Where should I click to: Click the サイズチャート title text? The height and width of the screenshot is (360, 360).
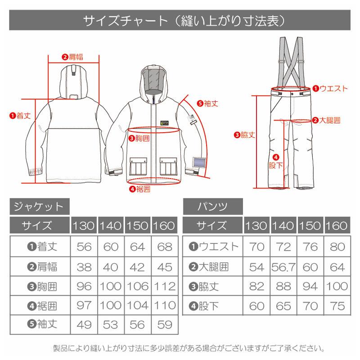point(180,21)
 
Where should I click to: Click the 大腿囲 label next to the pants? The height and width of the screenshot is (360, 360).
point(326,120)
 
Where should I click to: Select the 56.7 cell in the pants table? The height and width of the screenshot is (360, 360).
point(284,266)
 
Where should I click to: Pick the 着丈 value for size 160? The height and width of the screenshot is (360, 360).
point(163,247)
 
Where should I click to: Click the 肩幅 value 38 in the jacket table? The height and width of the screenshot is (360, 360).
point(84,266)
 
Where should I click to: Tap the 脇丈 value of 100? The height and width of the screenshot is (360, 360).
point(337,286)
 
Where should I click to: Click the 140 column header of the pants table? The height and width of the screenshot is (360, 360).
point(284,225)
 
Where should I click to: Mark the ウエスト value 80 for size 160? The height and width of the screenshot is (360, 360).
point(337,247)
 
